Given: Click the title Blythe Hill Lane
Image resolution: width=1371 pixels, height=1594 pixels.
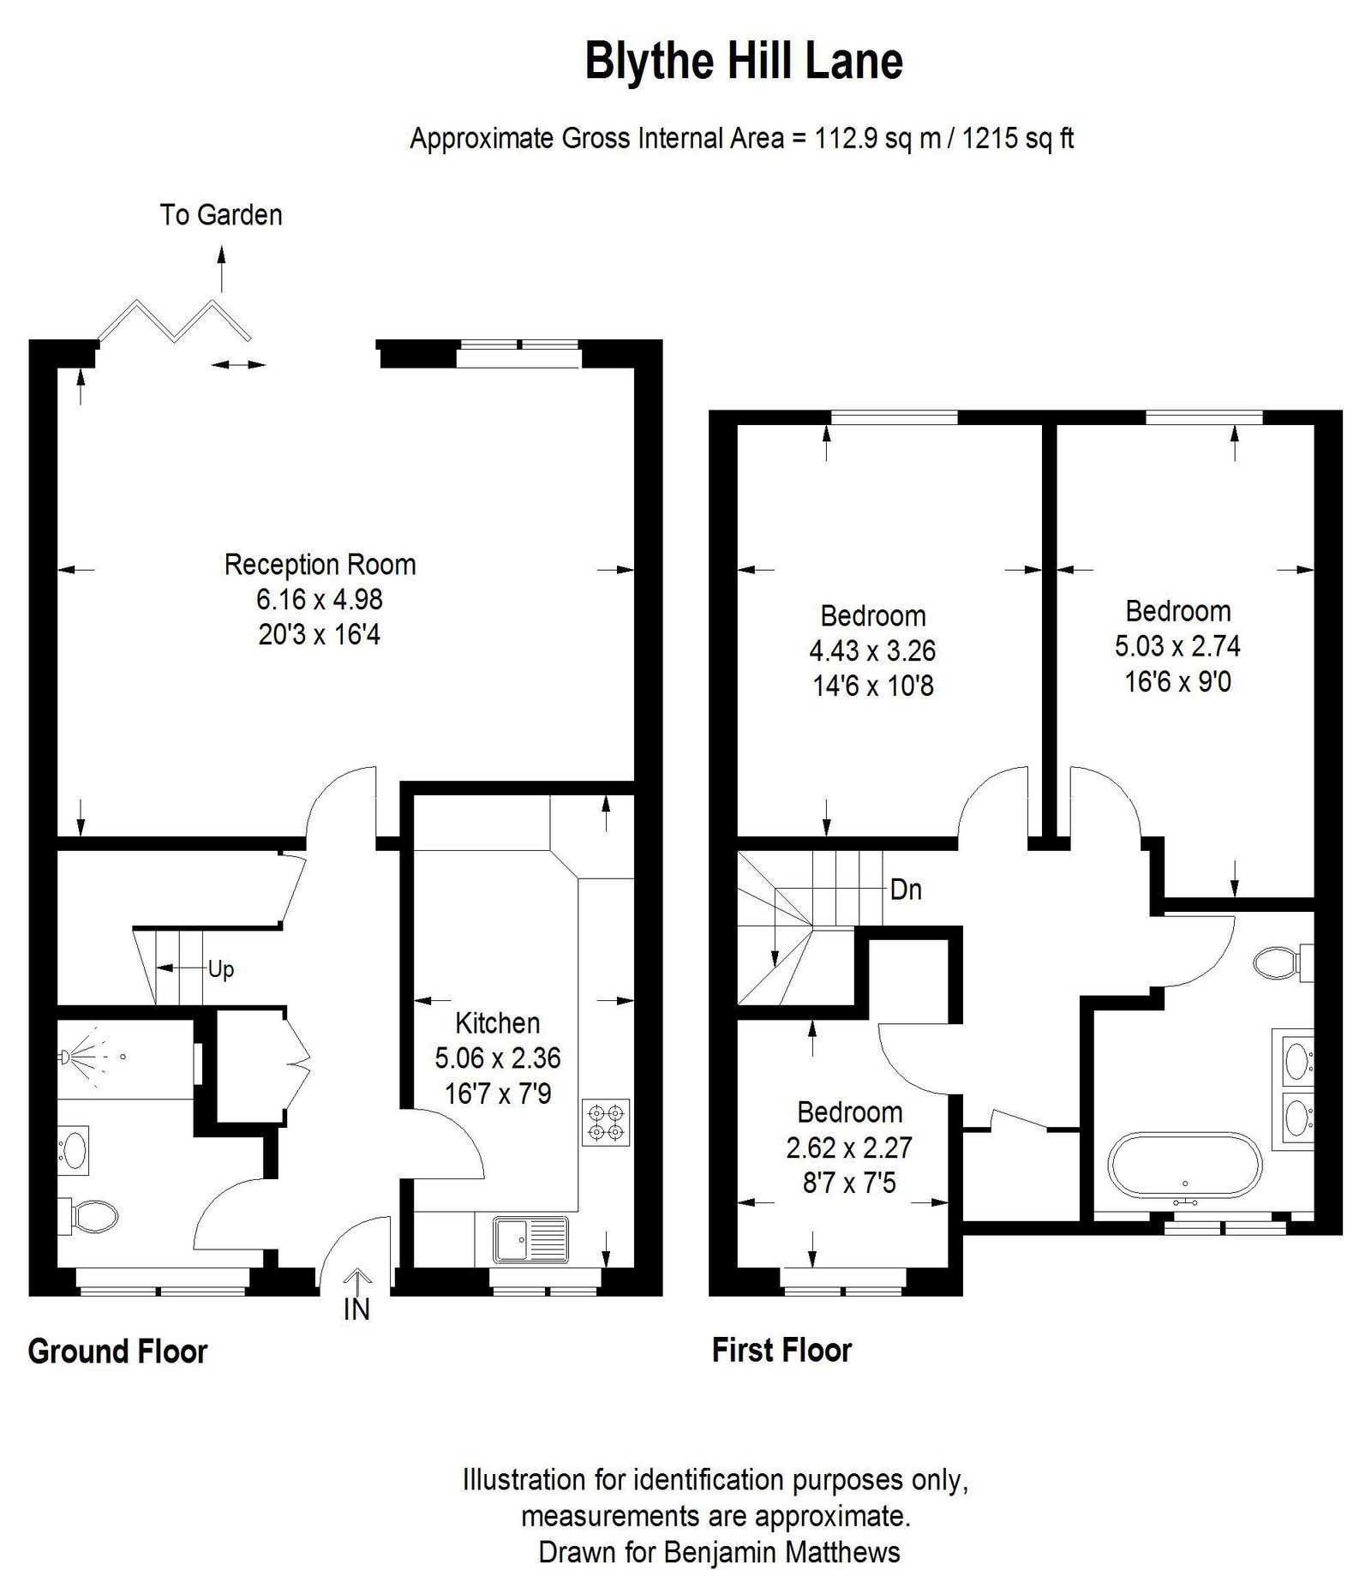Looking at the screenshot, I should [743, 62].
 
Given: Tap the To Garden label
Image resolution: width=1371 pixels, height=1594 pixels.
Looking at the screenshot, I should [220, 214].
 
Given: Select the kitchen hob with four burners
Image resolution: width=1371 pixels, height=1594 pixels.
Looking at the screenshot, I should [606, 1122].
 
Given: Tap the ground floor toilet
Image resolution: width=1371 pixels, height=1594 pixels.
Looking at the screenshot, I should [90, 1213].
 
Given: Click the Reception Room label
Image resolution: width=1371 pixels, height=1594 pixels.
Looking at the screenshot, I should [320, 565].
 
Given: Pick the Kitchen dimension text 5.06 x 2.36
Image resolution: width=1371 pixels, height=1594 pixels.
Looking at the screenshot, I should [497, 1058].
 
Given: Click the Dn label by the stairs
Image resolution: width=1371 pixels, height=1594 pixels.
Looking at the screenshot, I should [906, 890].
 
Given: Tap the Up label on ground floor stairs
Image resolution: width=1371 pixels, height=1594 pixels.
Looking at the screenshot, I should [220, 970].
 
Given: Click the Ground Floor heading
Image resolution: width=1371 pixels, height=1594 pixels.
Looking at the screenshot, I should [117, 1351].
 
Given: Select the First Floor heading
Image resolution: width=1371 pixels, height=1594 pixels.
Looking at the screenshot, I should [781, 1350].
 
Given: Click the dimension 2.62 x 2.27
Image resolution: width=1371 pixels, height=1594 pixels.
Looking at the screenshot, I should [849, 1148].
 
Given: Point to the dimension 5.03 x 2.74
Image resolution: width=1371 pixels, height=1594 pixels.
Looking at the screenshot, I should [1177, 646].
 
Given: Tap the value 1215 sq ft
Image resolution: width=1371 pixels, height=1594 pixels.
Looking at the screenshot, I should [1017, 138].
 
